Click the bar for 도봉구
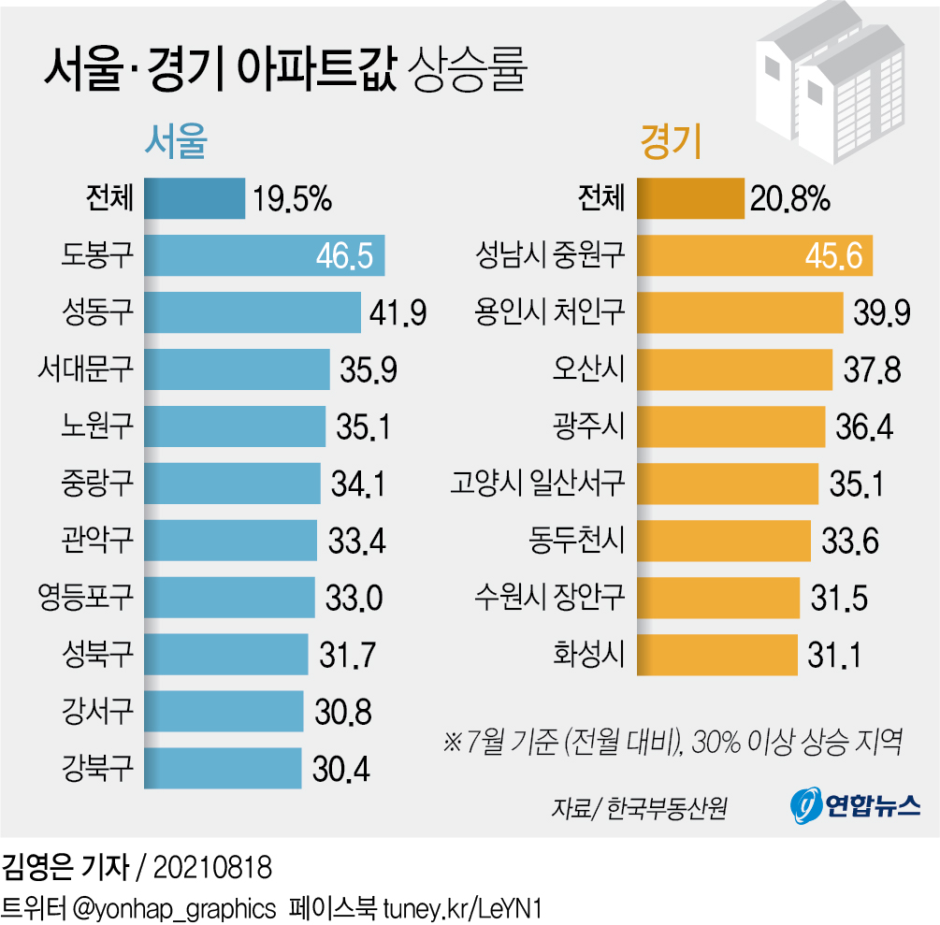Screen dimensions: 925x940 coord(264,255)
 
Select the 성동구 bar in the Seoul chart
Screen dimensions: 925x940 coord(252,312)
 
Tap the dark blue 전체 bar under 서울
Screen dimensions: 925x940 coord(195,198)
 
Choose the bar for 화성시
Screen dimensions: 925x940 coord(716,654)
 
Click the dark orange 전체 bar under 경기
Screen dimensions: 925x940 coord(691,198)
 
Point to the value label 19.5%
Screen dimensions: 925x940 coord(291,198)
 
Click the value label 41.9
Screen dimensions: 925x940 coord(395,312)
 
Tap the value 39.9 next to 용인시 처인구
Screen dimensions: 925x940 coord(881,312)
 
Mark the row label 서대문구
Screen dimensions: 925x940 coord(86,369)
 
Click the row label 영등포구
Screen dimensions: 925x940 coord(86,597)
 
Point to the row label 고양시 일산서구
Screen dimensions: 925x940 coord(537,484)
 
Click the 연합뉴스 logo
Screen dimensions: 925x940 coord(856,803)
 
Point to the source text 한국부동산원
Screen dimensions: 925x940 coord(666,806)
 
